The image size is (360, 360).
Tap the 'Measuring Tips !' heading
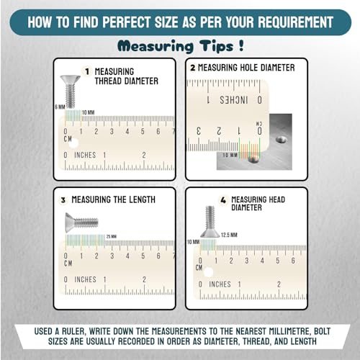(180, 47)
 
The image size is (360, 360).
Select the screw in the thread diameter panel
(70, 90)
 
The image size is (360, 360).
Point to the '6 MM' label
(59, 107)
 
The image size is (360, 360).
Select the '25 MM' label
(111, 237)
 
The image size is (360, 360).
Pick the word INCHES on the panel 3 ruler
(85, 279)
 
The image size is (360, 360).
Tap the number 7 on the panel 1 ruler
(173, 131)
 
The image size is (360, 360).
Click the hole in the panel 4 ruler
(209, 272)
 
